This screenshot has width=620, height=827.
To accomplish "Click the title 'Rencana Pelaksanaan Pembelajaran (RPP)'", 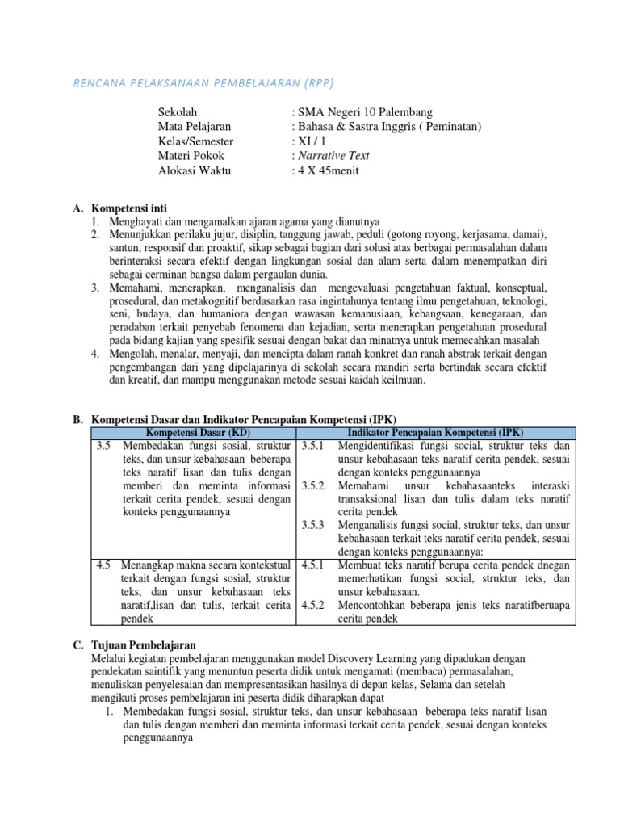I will click(203, 82).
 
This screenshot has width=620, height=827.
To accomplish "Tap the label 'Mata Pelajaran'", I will click(195, 127).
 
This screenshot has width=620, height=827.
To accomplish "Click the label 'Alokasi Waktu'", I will click(194, 170).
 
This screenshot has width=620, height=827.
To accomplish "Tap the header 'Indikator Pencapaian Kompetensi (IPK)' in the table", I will click(436, 433).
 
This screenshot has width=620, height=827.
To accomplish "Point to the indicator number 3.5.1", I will click(312, 446).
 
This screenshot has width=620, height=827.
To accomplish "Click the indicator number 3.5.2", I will click(312, 485).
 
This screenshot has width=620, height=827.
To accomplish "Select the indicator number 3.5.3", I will click(312, 524).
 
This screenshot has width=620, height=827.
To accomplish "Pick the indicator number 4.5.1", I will click(312, 565).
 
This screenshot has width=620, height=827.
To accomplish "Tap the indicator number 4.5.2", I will click(312, 604).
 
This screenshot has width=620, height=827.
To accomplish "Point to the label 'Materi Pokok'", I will click(191, 156).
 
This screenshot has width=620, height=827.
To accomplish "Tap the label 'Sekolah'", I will click(178, 112).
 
